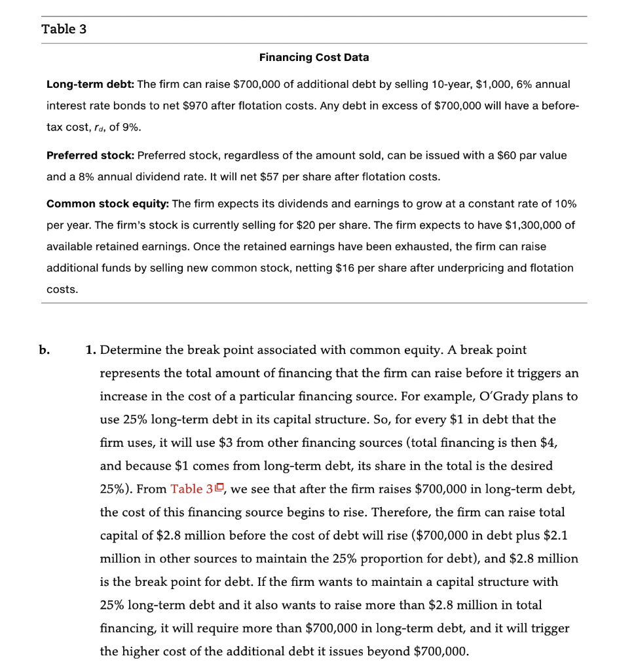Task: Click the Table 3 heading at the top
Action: pyautogui.click(x=64, y=29)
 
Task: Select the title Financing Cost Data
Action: pyautogui.click(x=314, y=58)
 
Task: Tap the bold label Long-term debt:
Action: pyautogui.click(x=90, y=85)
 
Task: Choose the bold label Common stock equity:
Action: pyautogui.click(x=107, y=204)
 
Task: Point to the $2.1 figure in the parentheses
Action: pyautogui.click(x=555, y=535)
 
